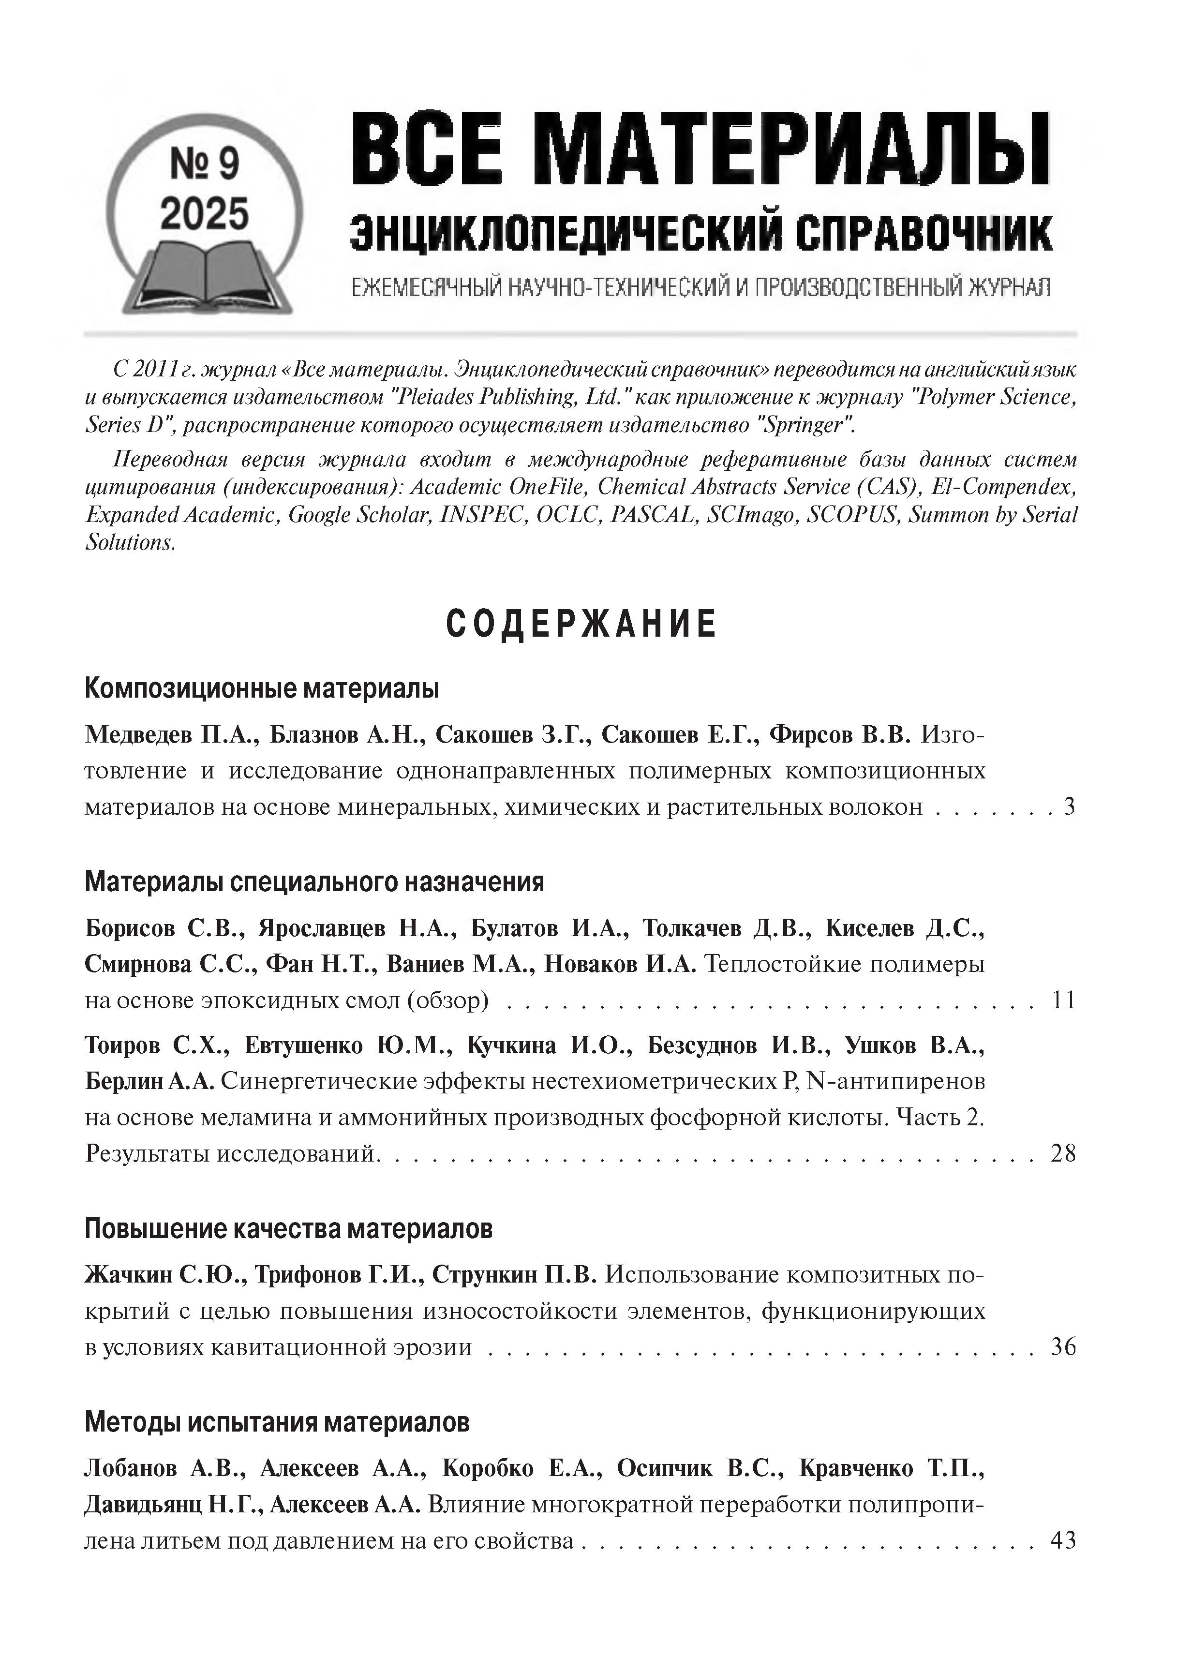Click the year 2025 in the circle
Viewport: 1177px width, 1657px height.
pos(204,214)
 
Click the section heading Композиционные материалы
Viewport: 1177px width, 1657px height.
pos(262,688)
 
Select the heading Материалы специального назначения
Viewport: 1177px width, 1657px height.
pos(314,882)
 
